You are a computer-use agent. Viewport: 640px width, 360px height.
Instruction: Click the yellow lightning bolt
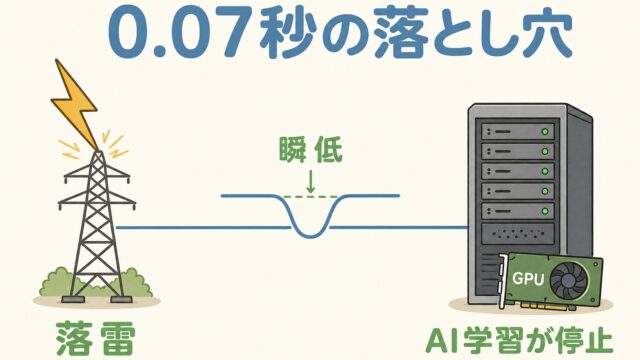[76, 106]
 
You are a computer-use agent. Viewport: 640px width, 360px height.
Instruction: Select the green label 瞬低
[310, 150]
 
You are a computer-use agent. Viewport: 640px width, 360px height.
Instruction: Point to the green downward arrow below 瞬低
[311, 182]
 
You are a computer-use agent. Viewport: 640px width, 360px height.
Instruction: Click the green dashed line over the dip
[311, 197]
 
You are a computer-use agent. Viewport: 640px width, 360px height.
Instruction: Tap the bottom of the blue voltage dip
[311, 236]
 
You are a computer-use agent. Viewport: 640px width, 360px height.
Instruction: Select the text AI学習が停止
[519, 342]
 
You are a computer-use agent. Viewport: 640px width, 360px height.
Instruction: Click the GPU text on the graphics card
[528, 279]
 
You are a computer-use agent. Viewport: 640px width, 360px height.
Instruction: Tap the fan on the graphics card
[569, 281]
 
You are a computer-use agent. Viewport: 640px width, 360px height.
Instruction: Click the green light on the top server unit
[544, 132]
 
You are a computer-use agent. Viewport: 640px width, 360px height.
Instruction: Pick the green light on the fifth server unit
[544, 211]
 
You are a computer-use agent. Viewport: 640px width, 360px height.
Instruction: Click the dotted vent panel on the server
[518, 234]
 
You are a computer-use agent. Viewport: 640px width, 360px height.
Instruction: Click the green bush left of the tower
[57, 282]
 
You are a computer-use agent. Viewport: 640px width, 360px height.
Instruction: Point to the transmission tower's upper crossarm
[97, 176]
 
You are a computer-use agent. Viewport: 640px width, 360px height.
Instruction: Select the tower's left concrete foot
[73, 300]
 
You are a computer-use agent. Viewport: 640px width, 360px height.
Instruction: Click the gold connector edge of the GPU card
[552, 307]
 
